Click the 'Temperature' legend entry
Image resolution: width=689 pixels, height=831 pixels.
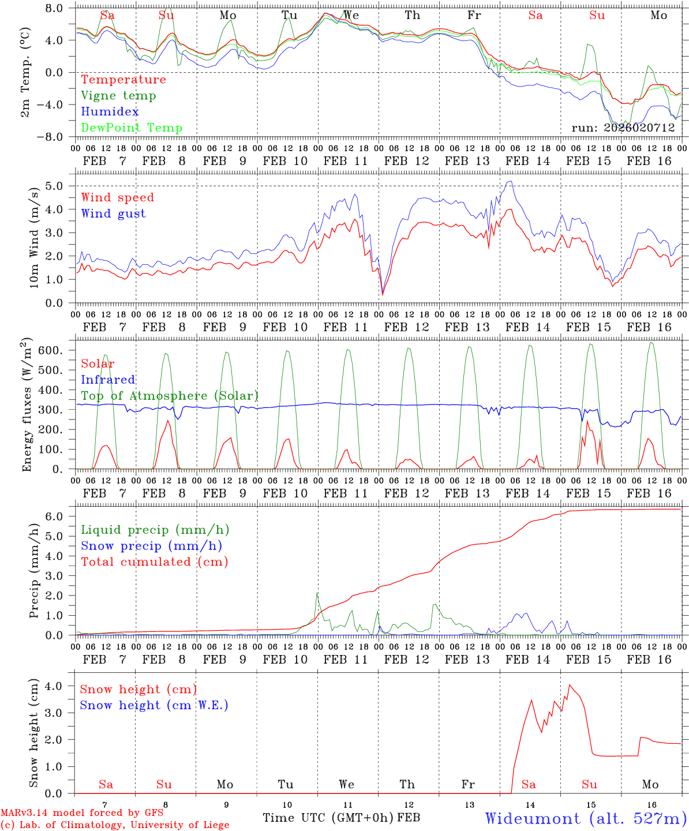point(123,80)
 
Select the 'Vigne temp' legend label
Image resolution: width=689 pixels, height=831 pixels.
point(118,96)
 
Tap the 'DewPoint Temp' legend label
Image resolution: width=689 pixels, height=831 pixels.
point(132,128)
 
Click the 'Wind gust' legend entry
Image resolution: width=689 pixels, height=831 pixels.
point(113,214)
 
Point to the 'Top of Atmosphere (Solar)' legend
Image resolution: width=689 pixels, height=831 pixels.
point(170,396)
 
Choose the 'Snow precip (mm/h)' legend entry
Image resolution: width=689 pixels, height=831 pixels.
point(151,546)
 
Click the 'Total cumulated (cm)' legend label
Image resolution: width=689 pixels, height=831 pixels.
point(154,562)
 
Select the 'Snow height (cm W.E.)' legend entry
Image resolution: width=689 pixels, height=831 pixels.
point(154,705)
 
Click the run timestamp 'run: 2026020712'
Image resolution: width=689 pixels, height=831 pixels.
point(623,128)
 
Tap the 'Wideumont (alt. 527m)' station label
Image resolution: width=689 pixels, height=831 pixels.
point(585,818)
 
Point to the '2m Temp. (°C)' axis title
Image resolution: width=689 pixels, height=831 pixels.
point(25,72)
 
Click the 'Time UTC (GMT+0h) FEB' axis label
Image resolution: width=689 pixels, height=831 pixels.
point(341,818)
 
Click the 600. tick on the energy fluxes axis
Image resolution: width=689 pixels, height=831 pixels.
point(58,350)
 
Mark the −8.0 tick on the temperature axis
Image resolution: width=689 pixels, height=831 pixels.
point(54,137)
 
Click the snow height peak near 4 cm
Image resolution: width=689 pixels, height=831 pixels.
point(570,685)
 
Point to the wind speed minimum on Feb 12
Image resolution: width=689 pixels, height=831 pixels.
point(382,294)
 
